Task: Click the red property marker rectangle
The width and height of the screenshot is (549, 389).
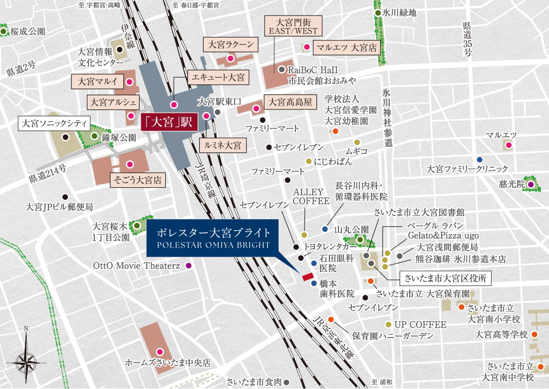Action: click(x=306, y=276)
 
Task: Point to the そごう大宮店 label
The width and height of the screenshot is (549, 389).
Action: click(x=137, y=180)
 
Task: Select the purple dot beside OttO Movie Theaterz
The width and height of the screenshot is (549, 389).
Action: click(x=189, y=266)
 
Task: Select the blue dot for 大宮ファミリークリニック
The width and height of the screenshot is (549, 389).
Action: click(x=480, y=159)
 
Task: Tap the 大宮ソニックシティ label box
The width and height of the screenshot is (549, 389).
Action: click(x=53, y=123)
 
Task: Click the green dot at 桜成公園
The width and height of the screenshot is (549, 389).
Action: click(x=4, y=31)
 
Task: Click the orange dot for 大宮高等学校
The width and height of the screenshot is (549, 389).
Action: click(x=535, y=334)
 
